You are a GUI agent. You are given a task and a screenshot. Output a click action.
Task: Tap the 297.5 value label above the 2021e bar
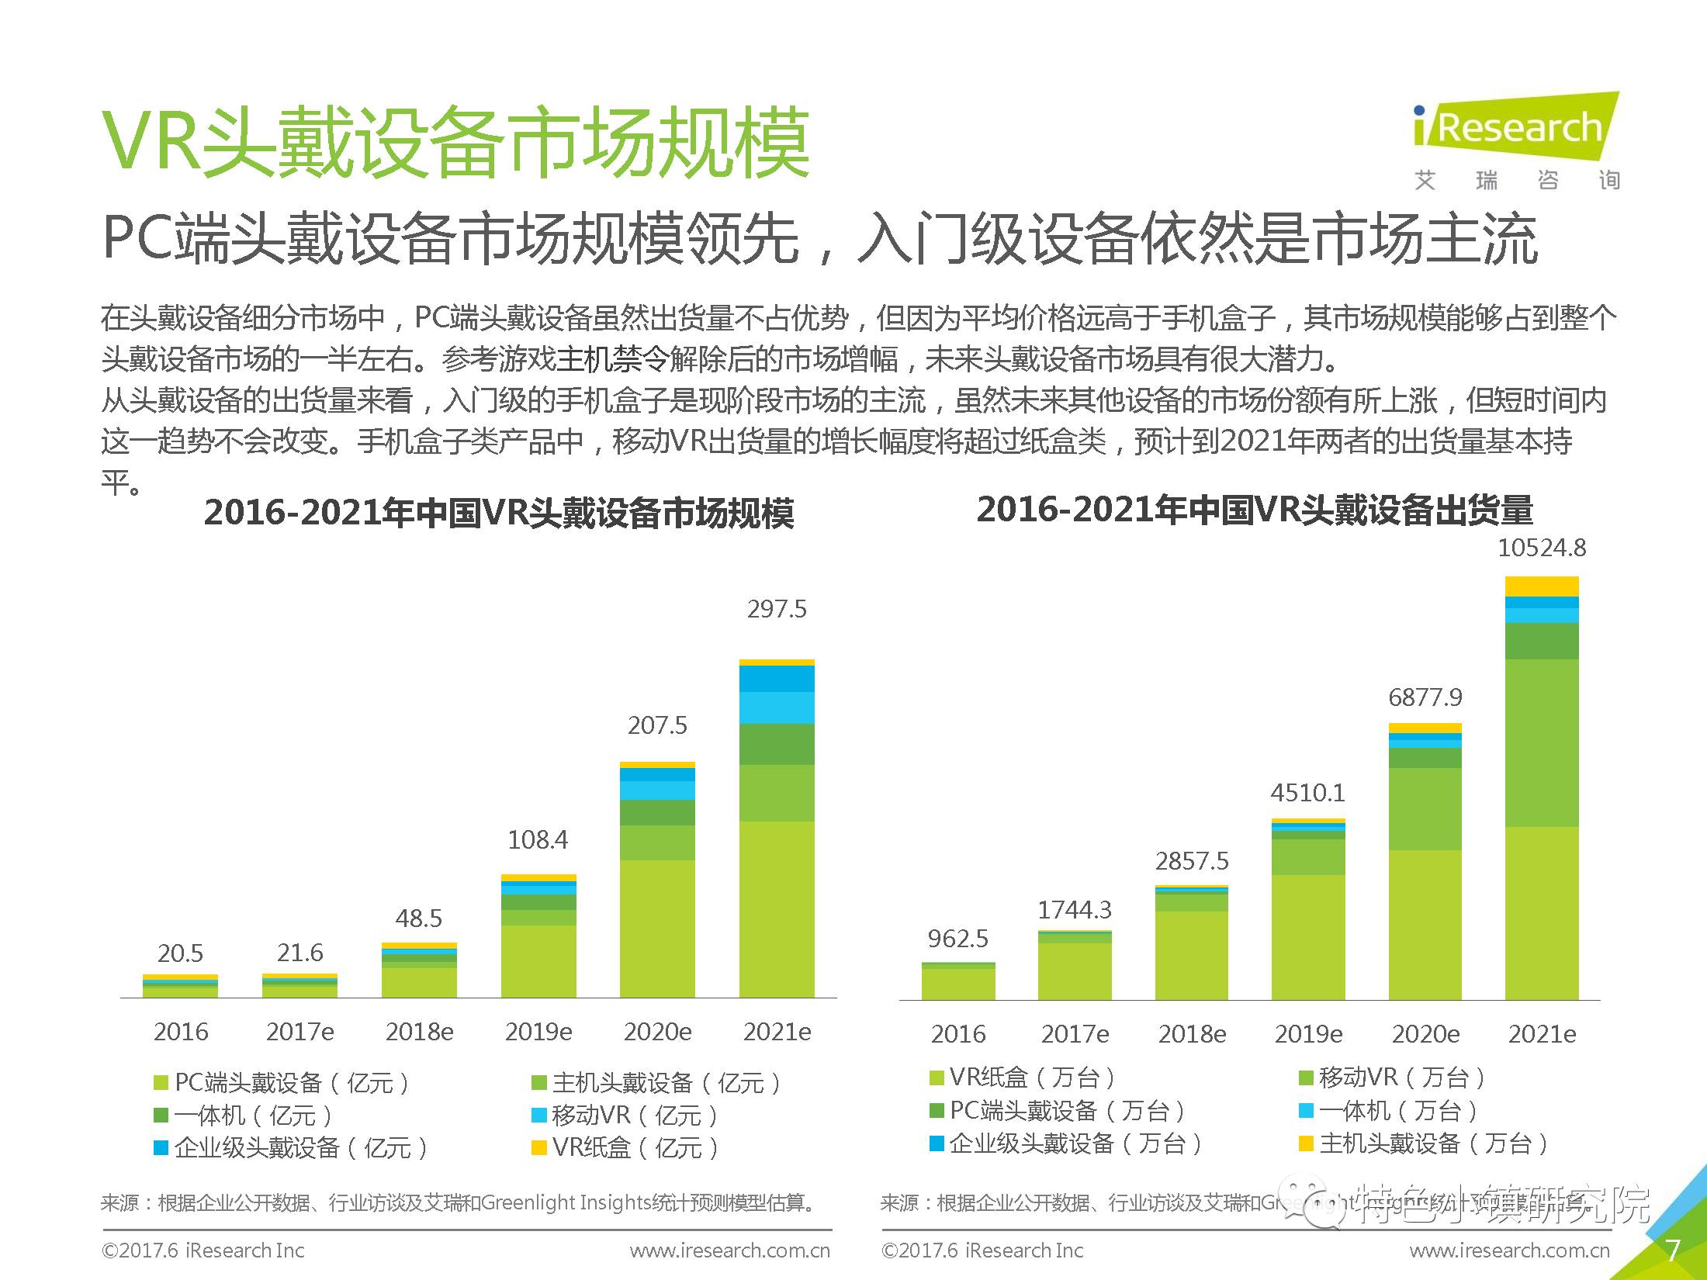(777, 609)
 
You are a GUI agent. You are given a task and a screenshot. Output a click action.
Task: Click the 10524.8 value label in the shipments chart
(1541, 548)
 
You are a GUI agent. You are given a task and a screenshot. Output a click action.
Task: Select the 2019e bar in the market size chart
(538, 939)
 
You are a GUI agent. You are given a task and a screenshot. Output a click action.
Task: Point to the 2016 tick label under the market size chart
(181, 1032)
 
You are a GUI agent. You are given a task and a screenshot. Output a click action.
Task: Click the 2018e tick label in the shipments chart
(1192, 1034)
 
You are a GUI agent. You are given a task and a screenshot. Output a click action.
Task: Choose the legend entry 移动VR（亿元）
(625, 1116)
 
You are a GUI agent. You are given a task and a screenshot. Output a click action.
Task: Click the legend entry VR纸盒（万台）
(1023, 1078)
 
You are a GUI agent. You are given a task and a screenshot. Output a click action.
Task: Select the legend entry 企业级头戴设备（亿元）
(291, 1147)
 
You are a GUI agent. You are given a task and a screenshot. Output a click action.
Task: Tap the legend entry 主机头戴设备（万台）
(1424, 1143)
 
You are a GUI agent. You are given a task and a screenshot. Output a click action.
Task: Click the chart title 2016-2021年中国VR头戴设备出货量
(1255, 510)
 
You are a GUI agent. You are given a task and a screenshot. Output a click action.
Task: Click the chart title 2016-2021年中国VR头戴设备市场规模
(499, 513)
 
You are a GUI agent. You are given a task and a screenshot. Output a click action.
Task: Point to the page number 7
(1673, 1251)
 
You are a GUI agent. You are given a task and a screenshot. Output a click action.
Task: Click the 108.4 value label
(538, 839)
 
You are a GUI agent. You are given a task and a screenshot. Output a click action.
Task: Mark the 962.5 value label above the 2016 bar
(958, 939)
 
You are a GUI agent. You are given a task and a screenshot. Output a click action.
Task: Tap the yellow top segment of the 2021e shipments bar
(1541, 586)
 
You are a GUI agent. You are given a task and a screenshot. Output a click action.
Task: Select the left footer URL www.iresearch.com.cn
(729, 1251)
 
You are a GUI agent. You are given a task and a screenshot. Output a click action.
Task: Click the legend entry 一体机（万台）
(1389, 1110)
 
